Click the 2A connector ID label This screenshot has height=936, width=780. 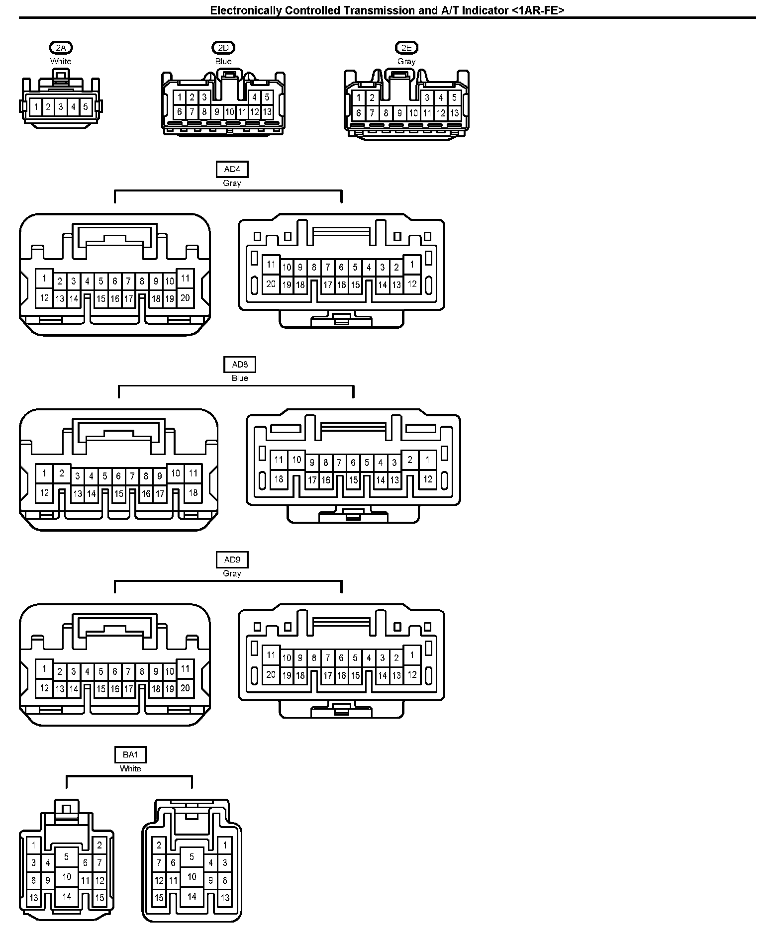61,48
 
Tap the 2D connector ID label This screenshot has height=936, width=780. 223,48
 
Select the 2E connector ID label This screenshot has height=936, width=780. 406,48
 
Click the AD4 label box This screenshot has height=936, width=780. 232,170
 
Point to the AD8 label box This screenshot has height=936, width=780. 240,365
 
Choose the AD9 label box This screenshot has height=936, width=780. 232,560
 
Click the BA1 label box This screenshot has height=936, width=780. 130,755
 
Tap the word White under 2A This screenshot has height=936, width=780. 61,62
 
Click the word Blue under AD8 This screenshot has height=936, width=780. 240,378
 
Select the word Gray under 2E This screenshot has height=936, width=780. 406,62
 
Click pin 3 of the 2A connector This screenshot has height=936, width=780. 61,106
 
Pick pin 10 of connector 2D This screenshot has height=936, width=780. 229,112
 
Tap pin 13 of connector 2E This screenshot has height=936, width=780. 454,113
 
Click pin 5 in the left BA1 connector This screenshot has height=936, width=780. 66,856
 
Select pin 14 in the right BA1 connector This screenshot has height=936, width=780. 192,896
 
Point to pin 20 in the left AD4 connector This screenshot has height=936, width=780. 185,298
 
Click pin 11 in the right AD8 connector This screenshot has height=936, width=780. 279,460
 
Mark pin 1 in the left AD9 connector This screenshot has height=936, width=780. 44,668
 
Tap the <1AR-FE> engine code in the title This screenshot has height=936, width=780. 538,10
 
